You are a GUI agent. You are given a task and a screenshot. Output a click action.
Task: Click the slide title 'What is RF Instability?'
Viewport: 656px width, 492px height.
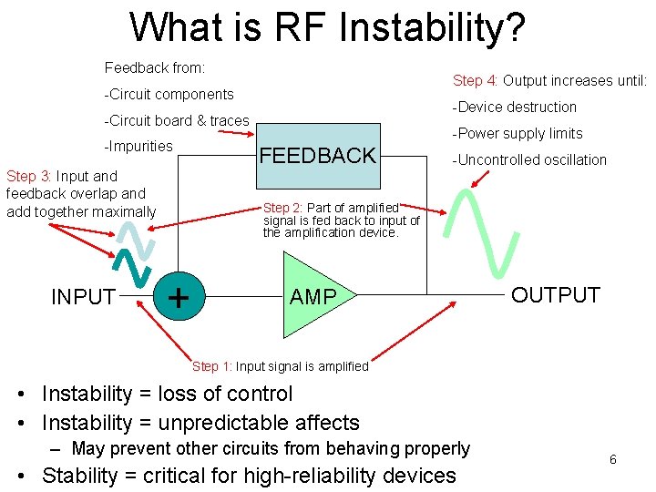point(327,27)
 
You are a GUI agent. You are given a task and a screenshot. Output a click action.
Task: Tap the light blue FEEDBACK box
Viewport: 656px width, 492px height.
point(317,155)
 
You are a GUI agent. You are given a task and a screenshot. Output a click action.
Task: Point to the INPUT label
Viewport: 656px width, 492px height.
point(83,297)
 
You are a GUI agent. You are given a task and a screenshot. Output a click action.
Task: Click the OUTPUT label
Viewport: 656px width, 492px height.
point(555,295)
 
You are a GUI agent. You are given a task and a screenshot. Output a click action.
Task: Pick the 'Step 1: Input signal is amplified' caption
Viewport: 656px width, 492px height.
point(280,366)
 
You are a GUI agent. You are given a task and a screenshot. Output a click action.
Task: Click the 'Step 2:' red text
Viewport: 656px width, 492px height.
point(283,209)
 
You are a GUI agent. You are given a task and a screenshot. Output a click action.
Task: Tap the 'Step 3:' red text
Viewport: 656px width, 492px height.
point(34,177)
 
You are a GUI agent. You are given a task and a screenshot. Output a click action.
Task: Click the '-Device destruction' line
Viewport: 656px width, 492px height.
point(516,108)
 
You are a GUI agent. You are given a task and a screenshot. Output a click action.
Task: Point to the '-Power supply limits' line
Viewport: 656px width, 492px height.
point(518,134)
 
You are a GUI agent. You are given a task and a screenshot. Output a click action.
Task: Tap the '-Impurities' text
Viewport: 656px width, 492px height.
point(138,147)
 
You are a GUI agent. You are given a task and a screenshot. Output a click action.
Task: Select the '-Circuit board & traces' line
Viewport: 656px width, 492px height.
point(177,120)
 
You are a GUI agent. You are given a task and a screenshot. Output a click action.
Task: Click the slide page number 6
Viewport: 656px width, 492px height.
point(612,459)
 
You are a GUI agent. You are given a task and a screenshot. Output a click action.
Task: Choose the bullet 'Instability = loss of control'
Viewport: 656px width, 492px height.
point(167,394)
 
